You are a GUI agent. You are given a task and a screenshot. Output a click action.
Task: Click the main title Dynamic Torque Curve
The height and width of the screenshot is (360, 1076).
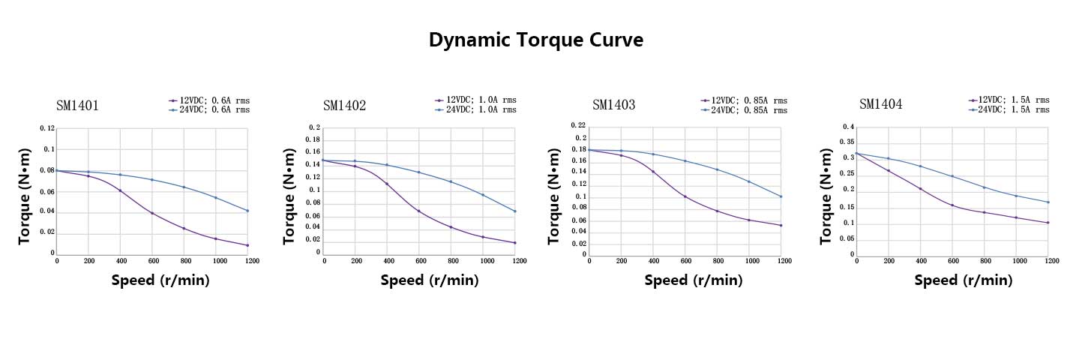pos(535,40)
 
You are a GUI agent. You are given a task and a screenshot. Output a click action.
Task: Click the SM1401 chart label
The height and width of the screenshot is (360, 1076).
pos(77,106)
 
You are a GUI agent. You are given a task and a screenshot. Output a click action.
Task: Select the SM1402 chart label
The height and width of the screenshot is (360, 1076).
pos(344,106)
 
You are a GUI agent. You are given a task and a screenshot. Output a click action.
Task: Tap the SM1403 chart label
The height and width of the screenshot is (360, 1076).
pos(613,105)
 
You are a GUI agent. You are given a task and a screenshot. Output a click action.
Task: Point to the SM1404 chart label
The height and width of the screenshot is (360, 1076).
pos(880,104)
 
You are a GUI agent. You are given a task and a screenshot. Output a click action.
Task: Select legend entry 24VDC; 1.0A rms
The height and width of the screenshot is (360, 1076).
pos(481,109)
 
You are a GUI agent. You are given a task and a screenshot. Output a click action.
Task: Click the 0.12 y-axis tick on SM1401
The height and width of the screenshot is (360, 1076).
pos(47,128)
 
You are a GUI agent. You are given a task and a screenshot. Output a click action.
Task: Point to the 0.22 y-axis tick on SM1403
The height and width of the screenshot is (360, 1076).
pos(578,125)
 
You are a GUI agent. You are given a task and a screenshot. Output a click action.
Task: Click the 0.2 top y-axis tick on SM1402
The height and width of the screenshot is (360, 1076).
pos(314,127)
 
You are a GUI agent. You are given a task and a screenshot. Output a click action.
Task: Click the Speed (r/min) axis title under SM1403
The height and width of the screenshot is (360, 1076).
pos(694,280)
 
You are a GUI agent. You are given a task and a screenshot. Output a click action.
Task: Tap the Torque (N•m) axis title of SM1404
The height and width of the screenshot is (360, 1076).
pos(826,196)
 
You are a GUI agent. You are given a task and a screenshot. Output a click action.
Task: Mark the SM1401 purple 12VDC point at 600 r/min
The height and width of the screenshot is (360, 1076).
pos(152,213)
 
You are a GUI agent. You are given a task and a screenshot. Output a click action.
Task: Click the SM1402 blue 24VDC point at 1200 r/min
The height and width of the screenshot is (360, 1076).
pos(515,211)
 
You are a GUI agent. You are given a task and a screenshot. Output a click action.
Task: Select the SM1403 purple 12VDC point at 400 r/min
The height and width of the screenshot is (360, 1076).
pos(653,172)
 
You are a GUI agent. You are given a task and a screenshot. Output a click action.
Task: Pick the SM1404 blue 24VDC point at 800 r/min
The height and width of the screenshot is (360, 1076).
pos(984,187)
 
